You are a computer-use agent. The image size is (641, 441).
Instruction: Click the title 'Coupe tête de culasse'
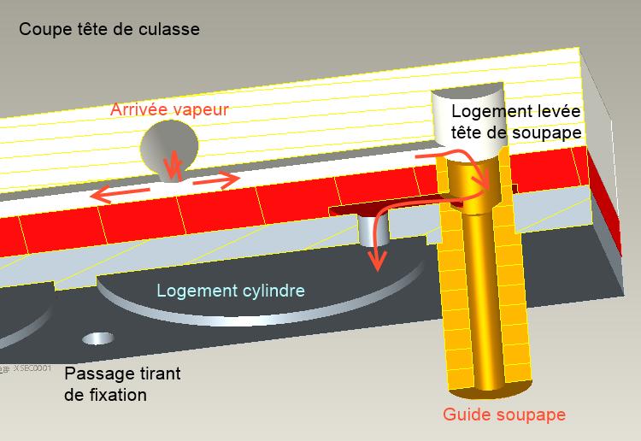pyautogui.click(x=109, y=30)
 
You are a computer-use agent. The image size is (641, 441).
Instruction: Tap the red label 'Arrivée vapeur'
pyautogui.click(x=169, y=110)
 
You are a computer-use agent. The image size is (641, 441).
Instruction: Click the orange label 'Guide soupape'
pyautogui.click(x=504, y=415)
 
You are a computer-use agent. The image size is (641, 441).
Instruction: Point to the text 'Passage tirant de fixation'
pyautogui.click(x=122, y=385)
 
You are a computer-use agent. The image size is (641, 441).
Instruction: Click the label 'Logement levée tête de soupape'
pyautogui.click(x=516, y=121)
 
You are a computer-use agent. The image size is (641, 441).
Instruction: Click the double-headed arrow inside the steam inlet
pyautogui.click(x=173, y=164)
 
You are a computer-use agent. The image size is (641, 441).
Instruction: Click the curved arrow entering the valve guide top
pyautogui.click(x=462, y=166)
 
